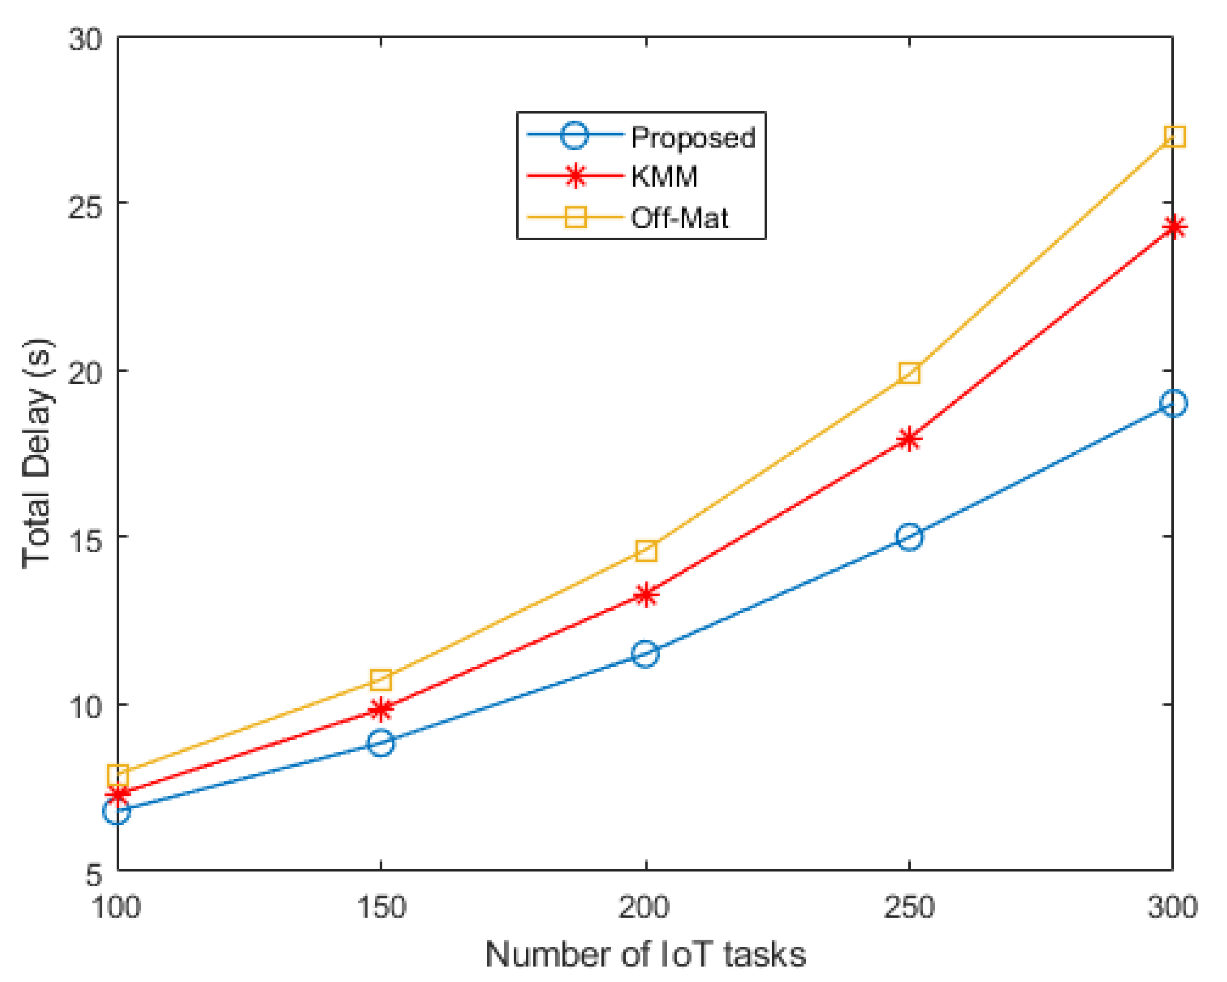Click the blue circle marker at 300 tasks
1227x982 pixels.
coord(1173,404)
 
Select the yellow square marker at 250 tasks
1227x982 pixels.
coord(909,373)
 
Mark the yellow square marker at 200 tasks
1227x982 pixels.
coord(646,551)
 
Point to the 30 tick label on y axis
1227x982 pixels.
coord(85,40)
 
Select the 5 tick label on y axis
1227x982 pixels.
coord(94,875)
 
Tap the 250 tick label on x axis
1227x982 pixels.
coord(909,907)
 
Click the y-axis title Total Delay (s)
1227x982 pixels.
coord(37,454)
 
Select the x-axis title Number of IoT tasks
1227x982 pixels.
coord(646,955)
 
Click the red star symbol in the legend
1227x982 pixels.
coord(576,176)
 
